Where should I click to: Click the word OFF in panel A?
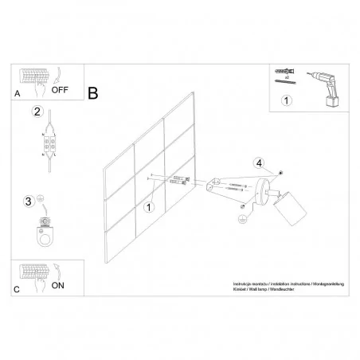[61, 90]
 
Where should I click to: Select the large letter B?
[93, 94]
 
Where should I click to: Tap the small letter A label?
[18, 92]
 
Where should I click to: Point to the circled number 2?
[37, 112]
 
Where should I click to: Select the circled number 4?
[258, 164]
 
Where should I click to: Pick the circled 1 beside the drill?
[288, 102]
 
